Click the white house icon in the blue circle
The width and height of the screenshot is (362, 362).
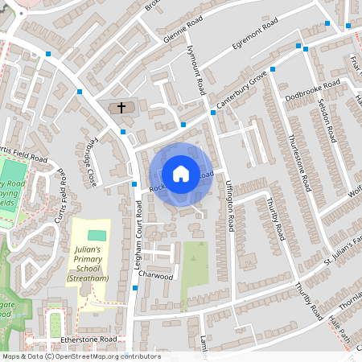click(x=181, y=173)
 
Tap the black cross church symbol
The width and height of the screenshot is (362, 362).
click(x=122, y=107)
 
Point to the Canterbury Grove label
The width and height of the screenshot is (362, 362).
click(x=241, y=93)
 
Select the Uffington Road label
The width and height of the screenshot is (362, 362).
click(x=229, y=206)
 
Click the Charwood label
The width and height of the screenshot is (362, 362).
click(x=155, y=276)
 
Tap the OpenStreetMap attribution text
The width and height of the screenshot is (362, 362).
click(x=80, y=356)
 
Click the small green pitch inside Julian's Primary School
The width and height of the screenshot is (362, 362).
click(x=97, y=235)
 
